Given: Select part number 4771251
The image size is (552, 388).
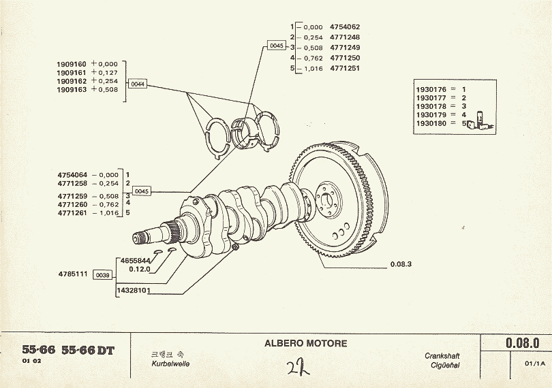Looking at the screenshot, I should click(345, 69).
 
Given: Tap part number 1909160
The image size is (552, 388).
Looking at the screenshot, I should click(70, 63).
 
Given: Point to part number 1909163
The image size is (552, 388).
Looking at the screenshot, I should click(70, 89).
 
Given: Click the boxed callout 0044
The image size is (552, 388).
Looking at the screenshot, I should click(138, 84).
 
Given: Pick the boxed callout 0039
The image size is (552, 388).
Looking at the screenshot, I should click(103, 274).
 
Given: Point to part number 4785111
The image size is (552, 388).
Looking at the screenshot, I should click(72, 274).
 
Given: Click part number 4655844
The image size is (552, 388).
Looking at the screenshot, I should click(136, 260).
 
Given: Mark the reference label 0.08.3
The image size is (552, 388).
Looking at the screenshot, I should click(402, 264).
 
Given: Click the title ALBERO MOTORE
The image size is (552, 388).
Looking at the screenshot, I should click(305, 344).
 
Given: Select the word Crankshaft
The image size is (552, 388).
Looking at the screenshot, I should click(442, 356).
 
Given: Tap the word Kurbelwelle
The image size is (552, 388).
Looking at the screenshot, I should click(170, 364).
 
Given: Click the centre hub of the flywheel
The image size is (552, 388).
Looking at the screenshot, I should click(331, 199).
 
